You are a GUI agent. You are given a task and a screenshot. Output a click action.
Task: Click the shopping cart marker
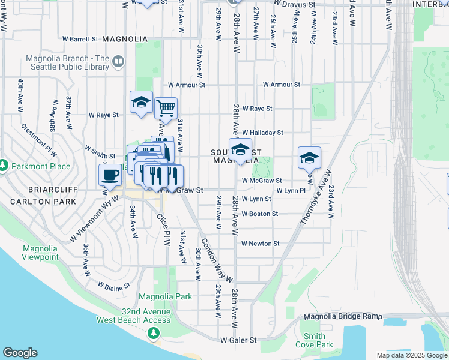pos(166,109)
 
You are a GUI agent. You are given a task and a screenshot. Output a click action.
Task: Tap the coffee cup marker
pos(110,175)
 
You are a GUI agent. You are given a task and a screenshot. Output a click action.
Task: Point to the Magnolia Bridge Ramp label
pos(343,316)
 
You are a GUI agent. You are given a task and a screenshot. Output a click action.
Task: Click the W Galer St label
pos(238,340)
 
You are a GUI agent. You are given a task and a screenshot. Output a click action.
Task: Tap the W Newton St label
pos(261,244)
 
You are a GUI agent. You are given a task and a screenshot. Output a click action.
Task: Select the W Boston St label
pos(260,214)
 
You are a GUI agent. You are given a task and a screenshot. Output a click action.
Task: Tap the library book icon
pos(118,61)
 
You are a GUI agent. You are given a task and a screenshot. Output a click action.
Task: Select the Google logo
pos(20,353)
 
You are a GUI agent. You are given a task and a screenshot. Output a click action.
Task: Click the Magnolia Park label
pos(165,296)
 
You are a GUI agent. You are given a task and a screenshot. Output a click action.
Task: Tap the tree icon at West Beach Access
pos(154,332)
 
